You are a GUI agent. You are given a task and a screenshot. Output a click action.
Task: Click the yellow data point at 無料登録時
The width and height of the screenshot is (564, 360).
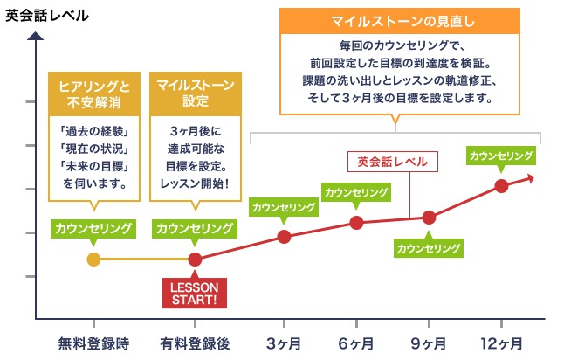94,259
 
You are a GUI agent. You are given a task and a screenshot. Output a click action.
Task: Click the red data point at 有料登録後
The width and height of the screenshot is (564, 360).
195,259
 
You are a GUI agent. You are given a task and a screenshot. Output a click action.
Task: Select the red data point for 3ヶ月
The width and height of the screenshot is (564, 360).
284,237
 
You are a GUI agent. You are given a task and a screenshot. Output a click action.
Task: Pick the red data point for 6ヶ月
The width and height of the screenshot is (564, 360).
356,222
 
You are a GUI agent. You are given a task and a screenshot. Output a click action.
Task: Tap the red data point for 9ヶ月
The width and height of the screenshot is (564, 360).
429,218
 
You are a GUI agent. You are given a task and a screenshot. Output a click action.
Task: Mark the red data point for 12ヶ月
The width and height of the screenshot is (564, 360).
501,185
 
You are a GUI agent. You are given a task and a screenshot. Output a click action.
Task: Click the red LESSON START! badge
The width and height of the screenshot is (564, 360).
195,294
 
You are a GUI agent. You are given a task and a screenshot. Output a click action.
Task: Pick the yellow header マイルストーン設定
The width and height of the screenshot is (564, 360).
195,93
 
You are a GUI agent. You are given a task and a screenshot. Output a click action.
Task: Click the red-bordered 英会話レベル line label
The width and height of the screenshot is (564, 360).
393,161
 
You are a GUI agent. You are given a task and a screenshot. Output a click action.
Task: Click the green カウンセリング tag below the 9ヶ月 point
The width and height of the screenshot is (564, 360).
429,248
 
